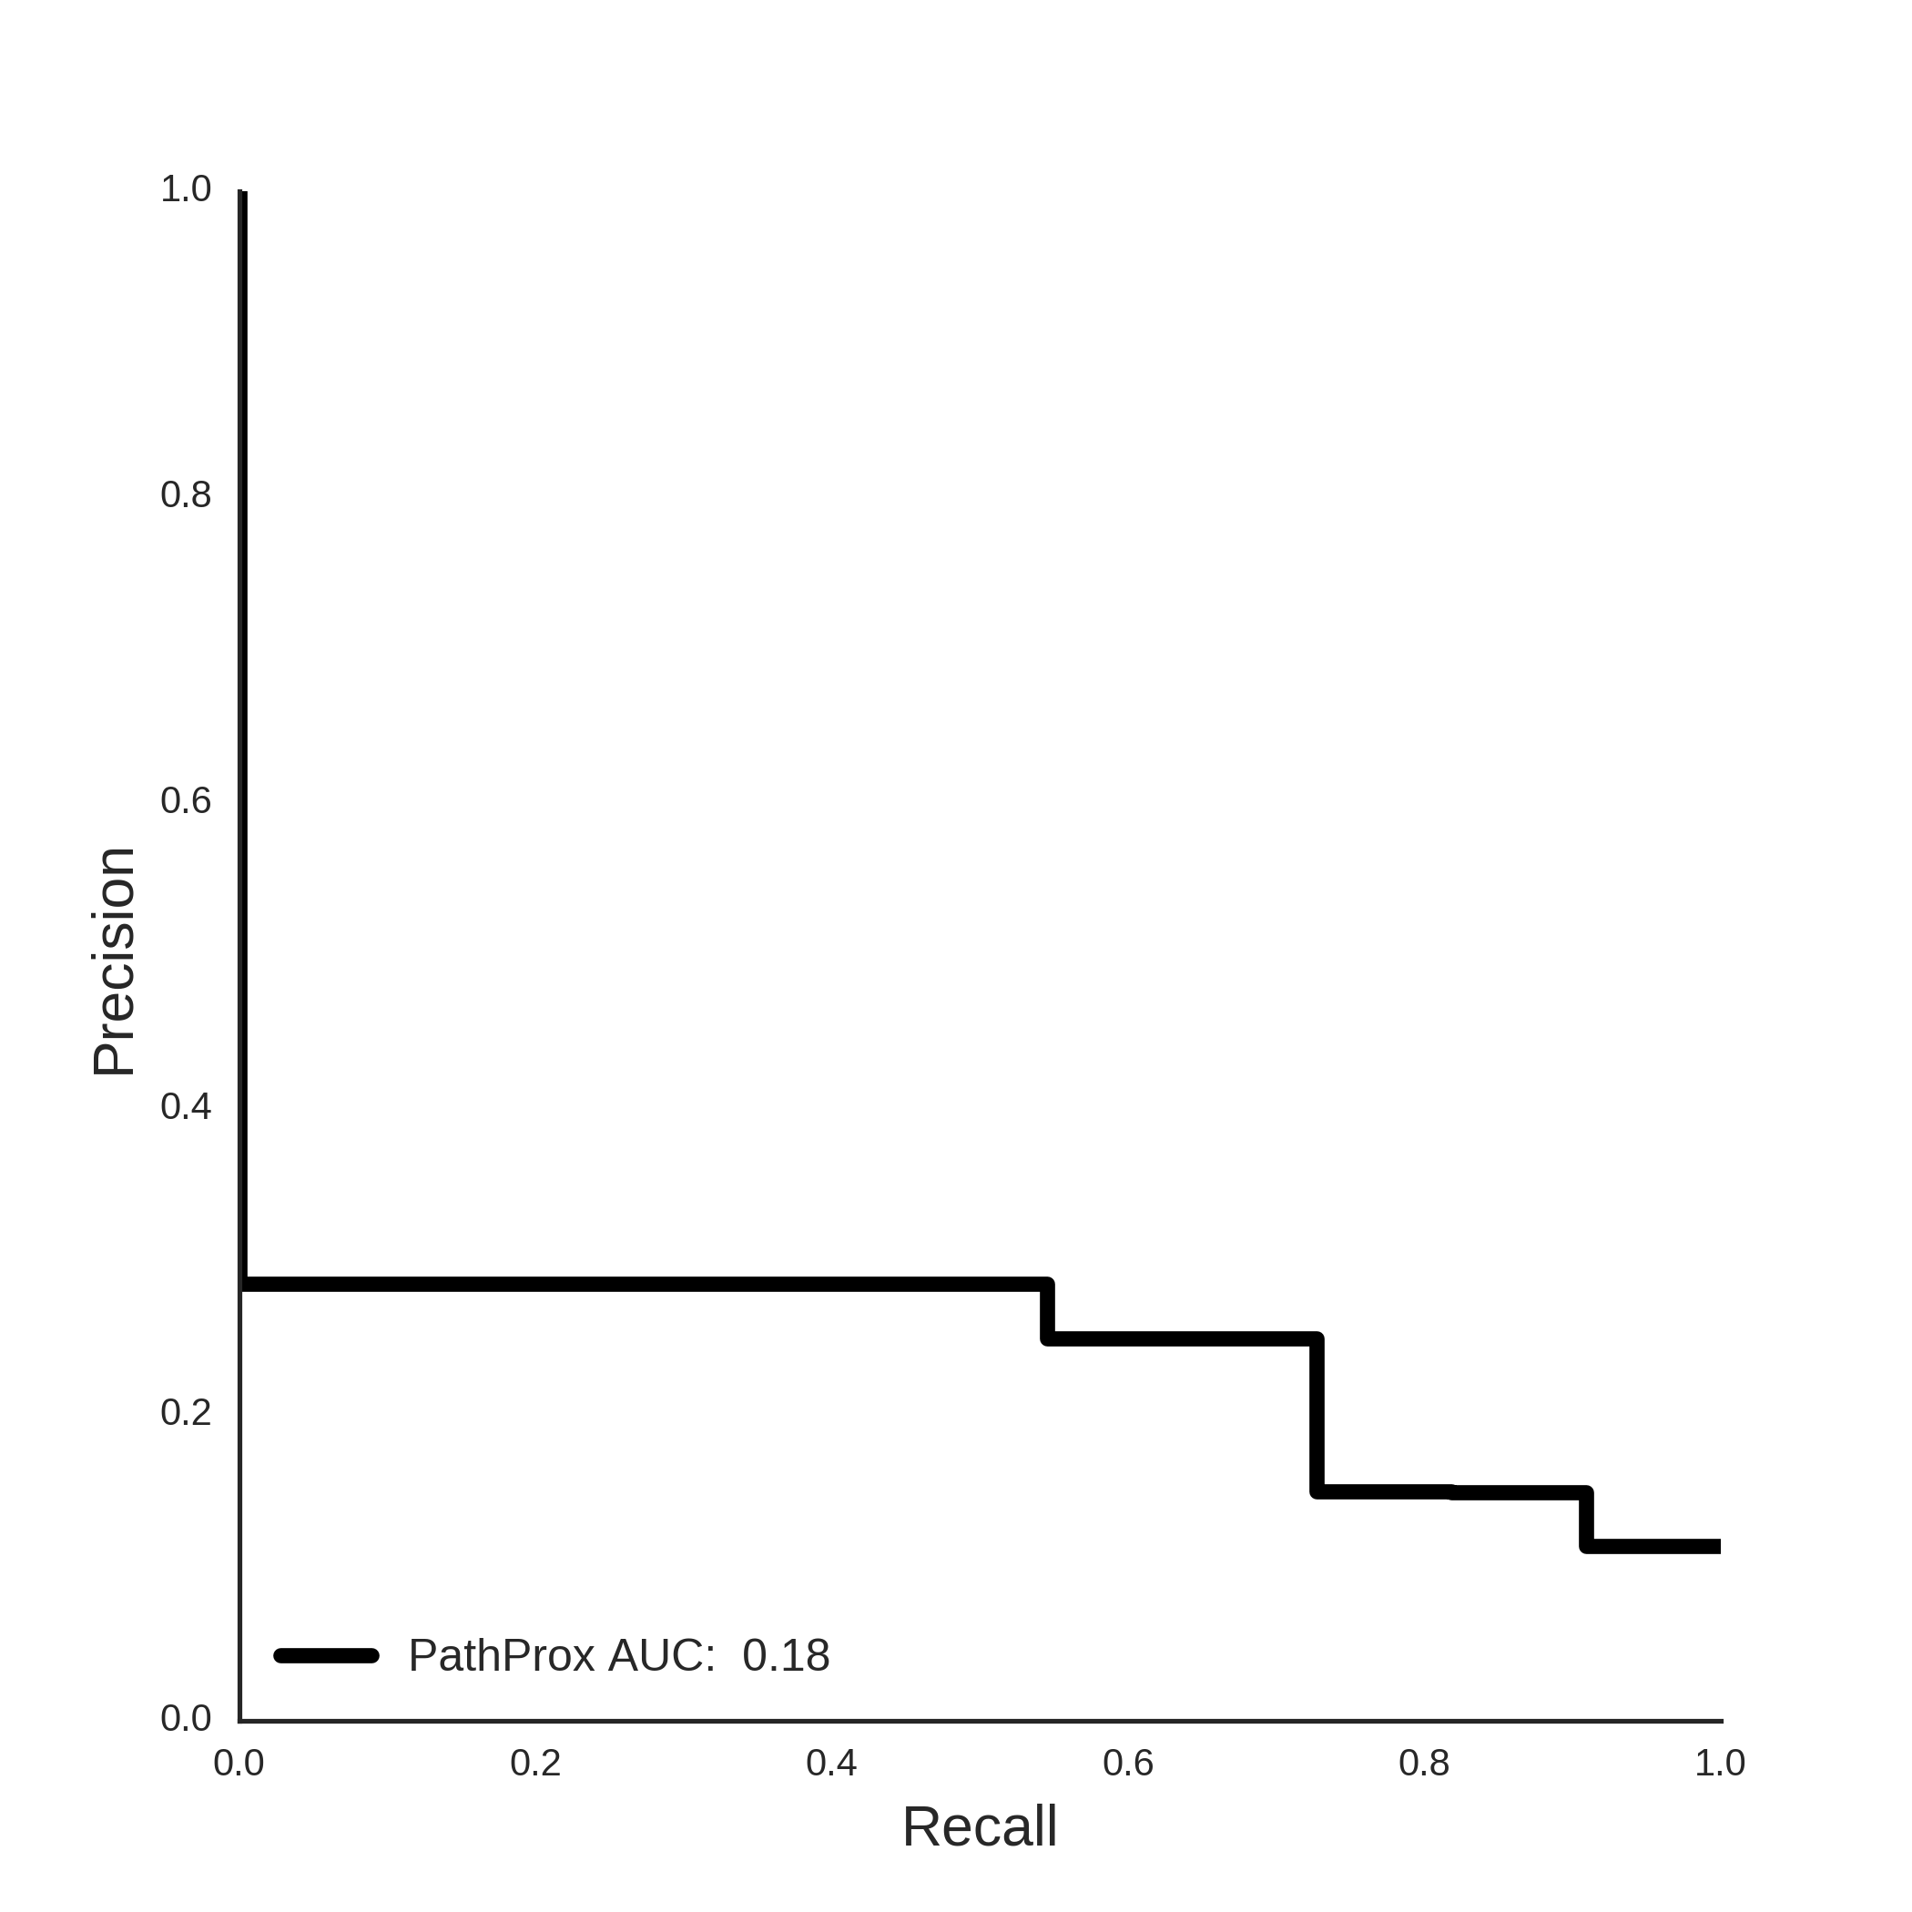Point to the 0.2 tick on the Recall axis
(535, 1763)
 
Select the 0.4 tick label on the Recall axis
(831, 1763)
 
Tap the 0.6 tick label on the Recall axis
(1128, 1763)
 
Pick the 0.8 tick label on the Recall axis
(1424, 1763)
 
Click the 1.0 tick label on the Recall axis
(1720, 1763)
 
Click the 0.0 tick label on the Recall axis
(239, 1763)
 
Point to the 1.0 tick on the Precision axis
(186, 189)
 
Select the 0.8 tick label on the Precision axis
(186, 494)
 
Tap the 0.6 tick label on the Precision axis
(186, 800)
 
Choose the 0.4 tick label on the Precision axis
(186, 1106)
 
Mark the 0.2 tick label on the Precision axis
(186, 1412)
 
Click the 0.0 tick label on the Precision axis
(186, 1718)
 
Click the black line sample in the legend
(327, 1655)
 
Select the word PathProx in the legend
(502, 1655)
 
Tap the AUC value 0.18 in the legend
(786, 1655)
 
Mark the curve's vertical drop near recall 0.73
(1317, 1415)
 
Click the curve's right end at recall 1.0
(1720, 1546)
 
